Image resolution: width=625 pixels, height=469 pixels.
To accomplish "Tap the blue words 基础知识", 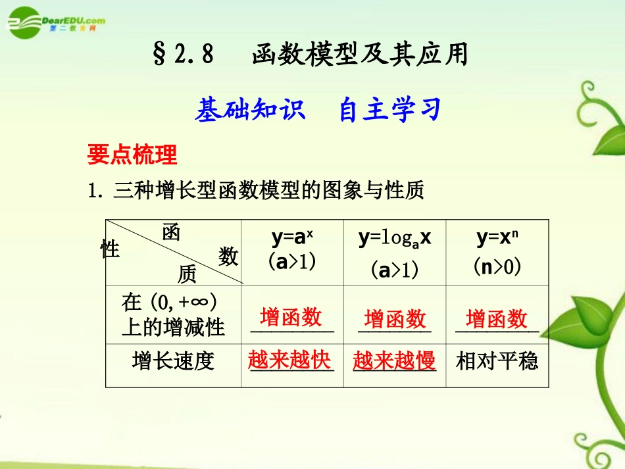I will tap(250, 111).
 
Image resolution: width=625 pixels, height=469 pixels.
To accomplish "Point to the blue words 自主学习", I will tap(389, 111).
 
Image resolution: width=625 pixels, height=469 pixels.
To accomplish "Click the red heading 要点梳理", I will tap(132, 155).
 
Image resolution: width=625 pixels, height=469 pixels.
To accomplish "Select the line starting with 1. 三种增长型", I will tap(256, 191).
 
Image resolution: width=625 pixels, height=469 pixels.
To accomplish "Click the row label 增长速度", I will tap(173, 361).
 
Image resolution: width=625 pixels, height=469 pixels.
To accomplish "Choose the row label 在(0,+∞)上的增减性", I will tap(173, 314).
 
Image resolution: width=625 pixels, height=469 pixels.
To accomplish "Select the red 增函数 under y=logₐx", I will tap(395, 319).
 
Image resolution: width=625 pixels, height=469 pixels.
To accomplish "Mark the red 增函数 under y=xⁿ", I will tap(497, 319).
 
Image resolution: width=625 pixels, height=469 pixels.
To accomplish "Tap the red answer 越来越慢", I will tap(394, 360).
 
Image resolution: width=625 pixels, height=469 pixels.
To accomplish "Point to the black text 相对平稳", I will tap(497, 360).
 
